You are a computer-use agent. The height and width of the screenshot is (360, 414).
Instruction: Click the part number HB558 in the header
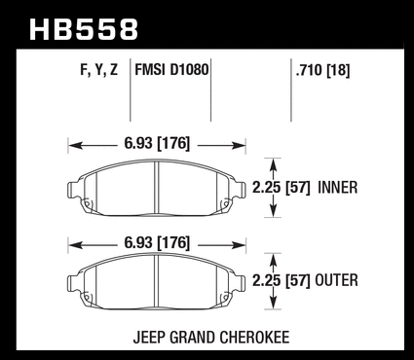[x=84, y=29]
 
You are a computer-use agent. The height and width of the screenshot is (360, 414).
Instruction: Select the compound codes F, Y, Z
[x=98, y=70]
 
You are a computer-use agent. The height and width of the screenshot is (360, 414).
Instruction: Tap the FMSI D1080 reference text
[x=171, y=70]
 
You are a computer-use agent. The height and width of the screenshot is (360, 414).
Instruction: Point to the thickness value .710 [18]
[x=322, y=70]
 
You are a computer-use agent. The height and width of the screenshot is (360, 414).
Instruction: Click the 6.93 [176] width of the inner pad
[x=157, y=143]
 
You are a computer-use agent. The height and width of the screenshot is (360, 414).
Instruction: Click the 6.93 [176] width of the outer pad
[x=157, y=242]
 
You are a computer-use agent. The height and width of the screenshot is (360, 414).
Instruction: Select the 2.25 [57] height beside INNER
[x=282, y=188]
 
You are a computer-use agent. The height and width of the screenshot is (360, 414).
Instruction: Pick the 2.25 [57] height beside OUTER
[x=282, y=280]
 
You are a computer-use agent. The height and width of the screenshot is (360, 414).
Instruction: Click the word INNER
[x=338, y=188]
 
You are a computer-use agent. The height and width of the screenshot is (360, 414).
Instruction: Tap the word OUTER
[x=336, y=280]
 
